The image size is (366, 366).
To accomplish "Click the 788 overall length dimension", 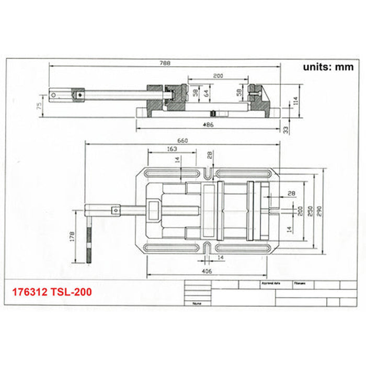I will [x=166, y=63].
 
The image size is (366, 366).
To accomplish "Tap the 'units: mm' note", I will [x=328, y=67].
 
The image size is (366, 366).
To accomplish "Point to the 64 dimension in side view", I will [x=207, y=94].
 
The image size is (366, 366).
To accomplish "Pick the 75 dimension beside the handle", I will [x=39, y=106].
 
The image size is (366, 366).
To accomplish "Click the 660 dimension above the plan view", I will [x=183, y=141].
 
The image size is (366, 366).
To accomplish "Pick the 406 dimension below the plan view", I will [x=207, y=272].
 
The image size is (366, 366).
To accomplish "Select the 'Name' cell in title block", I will [x=197, y=303].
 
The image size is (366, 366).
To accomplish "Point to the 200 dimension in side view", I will [x=218, y=76].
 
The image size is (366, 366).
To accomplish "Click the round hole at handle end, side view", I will [x=53, y=95].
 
